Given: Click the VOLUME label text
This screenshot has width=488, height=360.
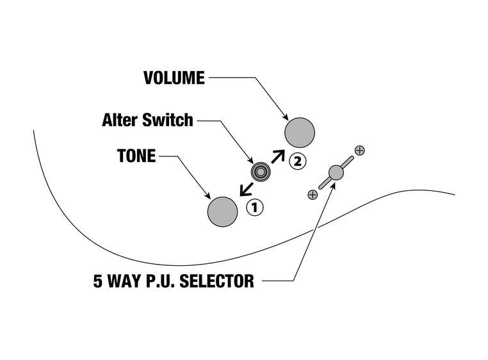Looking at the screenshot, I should click(x=174, y=78).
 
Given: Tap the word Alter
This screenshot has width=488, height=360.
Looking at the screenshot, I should click(x=121, y=120).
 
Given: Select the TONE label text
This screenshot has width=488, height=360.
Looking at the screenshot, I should click(x=136, y=156).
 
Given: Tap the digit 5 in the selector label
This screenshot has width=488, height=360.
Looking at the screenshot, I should click(x=98, y=281).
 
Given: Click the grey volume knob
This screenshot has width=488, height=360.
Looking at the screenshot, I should click(x=300, y=133).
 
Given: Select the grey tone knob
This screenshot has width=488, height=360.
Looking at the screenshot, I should click(x=222, y=211).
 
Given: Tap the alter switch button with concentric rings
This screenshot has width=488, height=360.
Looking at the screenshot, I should click(x=259, y=171).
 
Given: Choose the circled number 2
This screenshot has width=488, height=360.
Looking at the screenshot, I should click(x=296, y=161).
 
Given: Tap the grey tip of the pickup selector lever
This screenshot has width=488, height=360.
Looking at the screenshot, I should click(x=336, y=172).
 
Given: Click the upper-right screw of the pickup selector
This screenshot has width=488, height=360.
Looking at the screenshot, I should click(x=359, y=151).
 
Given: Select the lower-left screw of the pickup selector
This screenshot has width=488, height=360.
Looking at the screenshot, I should click(x=312, y=193).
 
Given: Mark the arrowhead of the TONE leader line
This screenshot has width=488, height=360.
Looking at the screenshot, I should click(x=208, y=196).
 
